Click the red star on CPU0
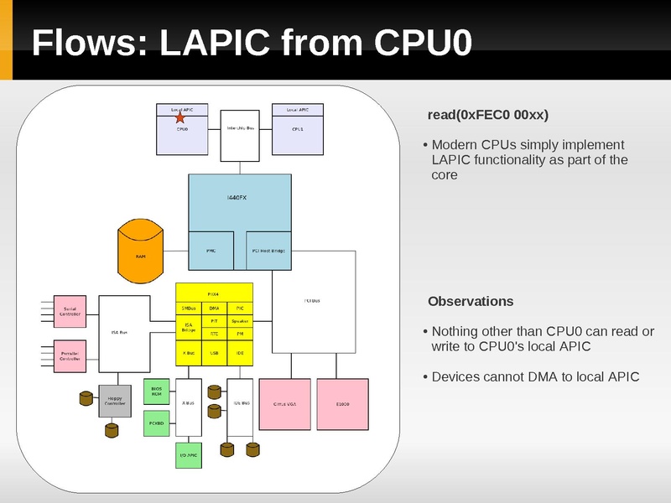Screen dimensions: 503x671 click(x=179, y=118)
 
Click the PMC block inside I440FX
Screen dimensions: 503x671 click(x=211, y=250)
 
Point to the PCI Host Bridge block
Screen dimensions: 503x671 click(x=268, y=250)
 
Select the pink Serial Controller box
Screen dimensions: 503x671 click(x=70, y=311)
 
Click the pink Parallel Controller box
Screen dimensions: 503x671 click(x=70, y=356)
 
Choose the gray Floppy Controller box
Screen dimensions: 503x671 click(x=115, y=400)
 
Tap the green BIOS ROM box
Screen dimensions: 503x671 click(x=156, y=392)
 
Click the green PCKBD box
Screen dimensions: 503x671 click(x=156, y=423)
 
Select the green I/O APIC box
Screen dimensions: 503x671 click(x=189, y=454)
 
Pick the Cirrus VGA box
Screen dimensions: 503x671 click(x=284, y=404)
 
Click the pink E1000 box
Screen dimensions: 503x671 click(x=342, y=404)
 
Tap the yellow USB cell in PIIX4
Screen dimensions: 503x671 click(x=214, y=354)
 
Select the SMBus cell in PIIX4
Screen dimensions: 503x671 click(x=189, y=309)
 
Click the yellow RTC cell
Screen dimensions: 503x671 click(x=214, y=333)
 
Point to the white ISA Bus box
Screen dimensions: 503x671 click(x=123, y=333)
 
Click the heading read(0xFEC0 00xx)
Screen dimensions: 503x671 click(x=488, y=115)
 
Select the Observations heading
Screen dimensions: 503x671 click(x=471, y=301)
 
